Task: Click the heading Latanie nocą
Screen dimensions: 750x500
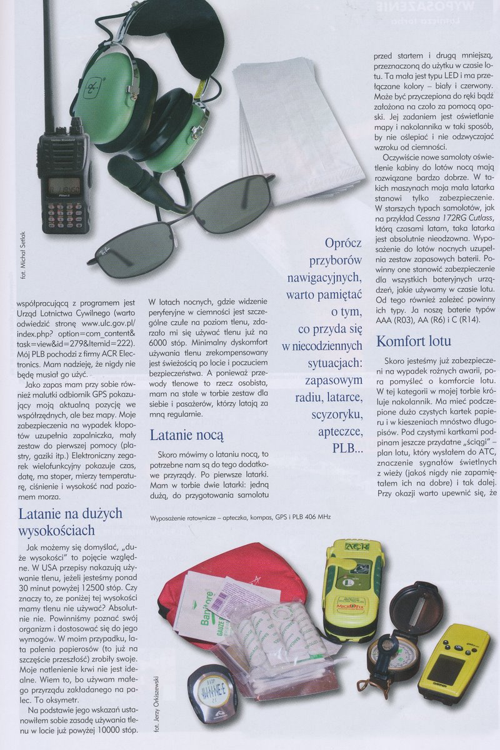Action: pyautogui.click(x=187, y=435)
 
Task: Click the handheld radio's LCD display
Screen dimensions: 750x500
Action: pyautogui.click(x=64, y=186)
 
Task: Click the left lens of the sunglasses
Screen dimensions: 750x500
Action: pyautogui.click(x=131, y=242)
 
